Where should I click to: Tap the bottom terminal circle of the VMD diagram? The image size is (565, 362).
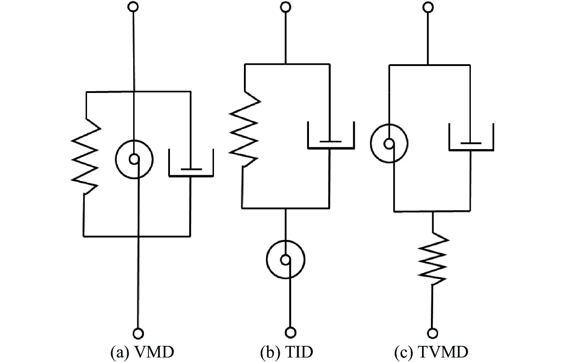tap(139, 333)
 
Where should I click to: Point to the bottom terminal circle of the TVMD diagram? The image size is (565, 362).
tap(433, 333)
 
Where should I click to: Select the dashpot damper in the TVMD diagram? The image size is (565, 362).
tap(471, 137)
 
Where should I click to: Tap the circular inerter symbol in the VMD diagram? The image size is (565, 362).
tap(134, 158)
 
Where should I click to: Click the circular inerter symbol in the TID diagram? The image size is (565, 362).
tap(286, 259)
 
